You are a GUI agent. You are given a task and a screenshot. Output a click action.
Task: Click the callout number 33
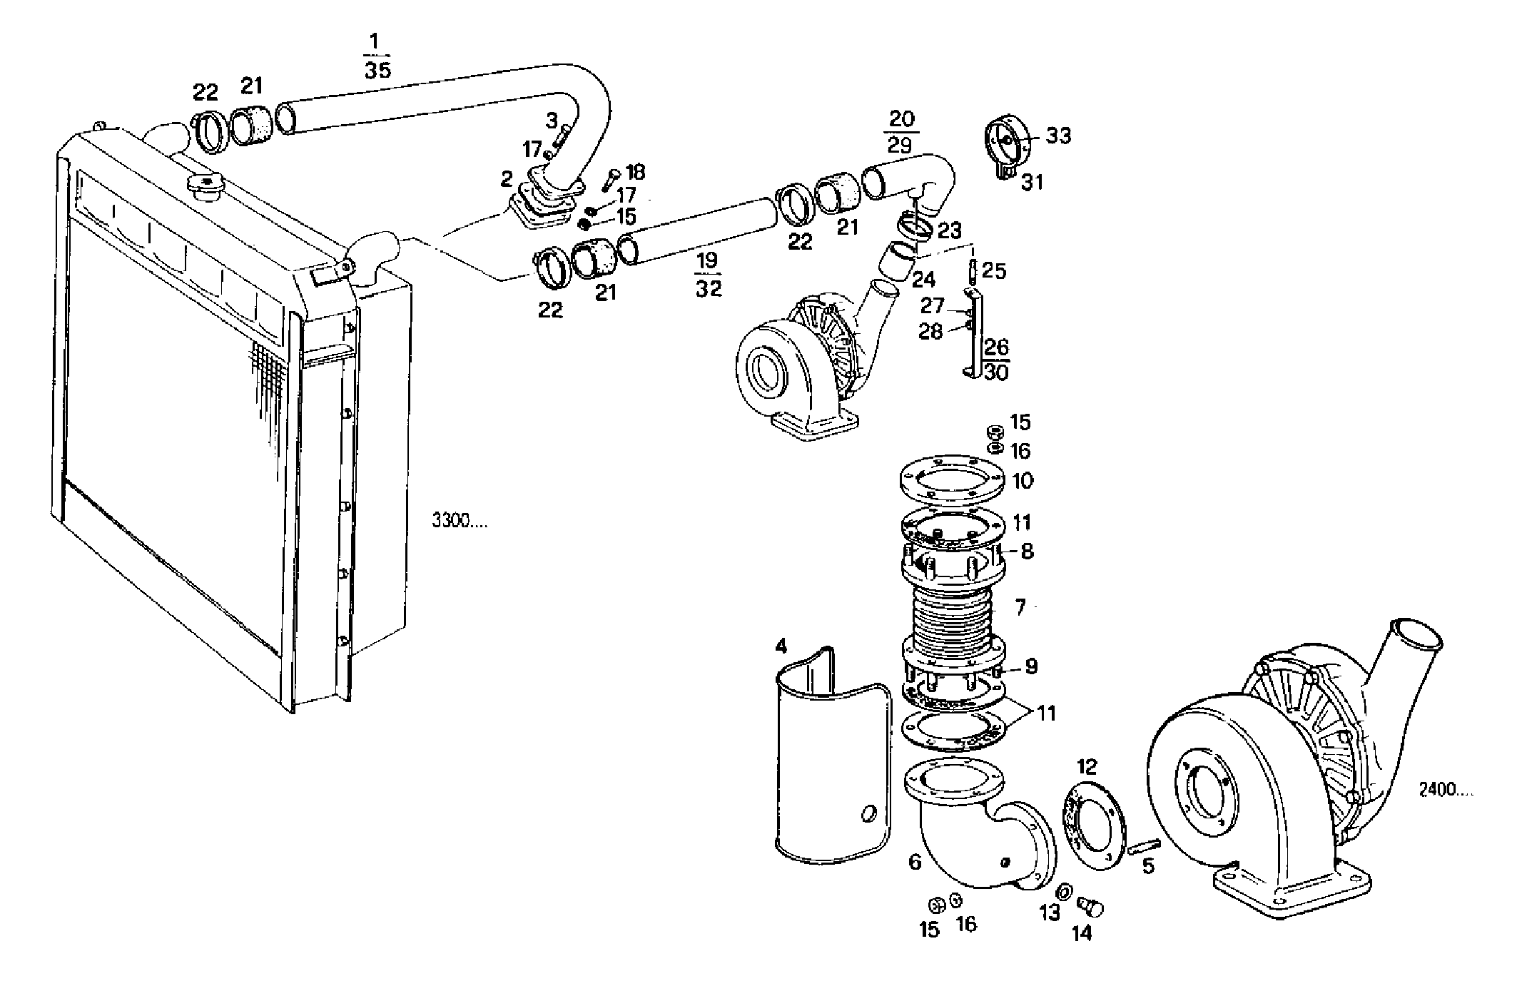1058,136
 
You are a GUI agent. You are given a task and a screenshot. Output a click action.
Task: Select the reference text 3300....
460,521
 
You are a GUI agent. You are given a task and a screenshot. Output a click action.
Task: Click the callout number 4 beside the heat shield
781,646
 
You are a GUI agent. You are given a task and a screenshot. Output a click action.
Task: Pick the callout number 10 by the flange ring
1023,481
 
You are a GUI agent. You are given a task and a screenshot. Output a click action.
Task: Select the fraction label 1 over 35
377,55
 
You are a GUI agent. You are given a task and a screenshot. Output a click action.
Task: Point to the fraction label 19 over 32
707,275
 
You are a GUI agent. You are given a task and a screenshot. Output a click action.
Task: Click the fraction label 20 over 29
900,131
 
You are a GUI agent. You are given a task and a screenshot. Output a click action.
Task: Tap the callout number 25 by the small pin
994,270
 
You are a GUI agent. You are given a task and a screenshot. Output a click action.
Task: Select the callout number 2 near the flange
506,178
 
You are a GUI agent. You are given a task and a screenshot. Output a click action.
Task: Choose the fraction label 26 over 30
996,359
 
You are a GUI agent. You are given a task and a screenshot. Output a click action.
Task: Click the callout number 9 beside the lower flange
1031,666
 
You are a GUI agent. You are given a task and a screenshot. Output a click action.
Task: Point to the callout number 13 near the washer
1049,913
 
